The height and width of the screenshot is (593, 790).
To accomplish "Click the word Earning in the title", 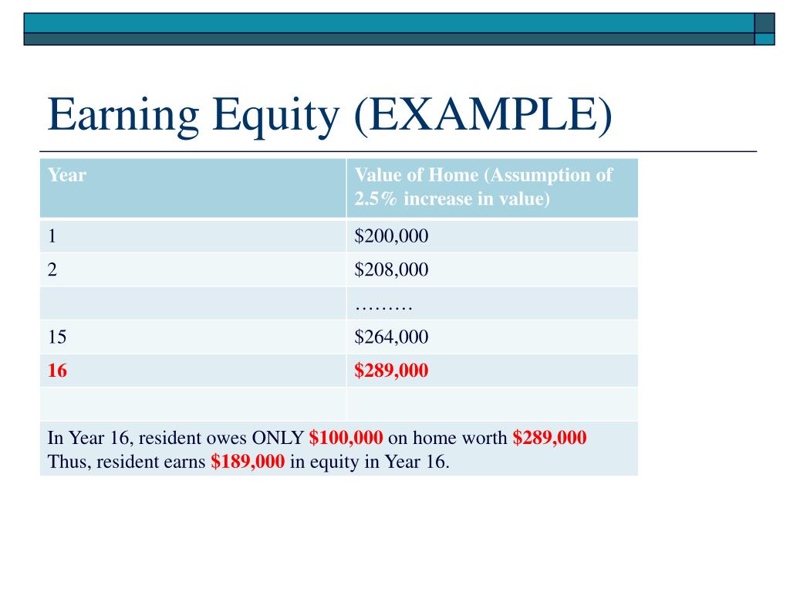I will point(123,115).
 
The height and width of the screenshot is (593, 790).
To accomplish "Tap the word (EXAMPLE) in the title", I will point(482,115).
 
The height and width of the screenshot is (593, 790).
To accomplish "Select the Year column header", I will point(66,175).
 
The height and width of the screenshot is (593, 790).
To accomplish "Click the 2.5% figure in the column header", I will point(376,198).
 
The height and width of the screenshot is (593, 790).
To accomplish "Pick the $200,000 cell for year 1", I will point(391,236).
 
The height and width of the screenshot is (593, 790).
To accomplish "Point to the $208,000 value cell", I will point(391,269).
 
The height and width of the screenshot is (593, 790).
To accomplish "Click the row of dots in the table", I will point(384,305).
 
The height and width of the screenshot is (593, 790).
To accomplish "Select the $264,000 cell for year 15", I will point(391,337).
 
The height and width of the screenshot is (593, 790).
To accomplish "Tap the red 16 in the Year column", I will point(57,371).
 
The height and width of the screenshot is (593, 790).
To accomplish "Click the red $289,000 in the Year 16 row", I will point(391,371).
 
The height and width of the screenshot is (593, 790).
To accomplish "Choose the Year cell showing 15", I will point(57,337).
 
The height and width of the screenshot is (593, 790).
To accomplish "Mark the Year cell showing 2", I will point(52,269).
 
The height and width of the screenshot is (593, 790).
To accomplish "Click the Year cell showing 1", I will point(52,236).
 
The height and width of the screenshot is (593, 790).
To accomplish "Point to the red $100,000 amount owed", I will point(346,439).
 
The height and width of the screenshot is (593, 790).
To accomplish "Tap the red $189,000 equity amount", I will point(248,463).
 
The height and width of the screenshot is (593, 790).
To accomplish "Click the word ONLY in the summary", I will point(278,439).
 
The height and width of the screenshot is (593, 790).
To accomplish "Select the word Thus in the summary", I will point(67,463).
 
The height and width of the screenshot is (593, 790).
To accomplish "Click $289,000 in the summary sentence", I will point(549,439).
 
